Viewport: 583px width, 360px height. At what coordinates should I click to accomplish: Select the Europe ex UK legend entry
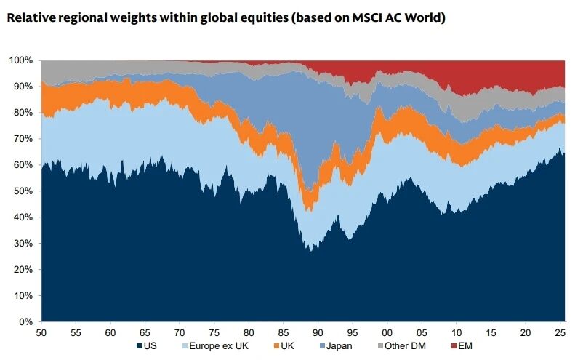pyautogui.click(x=218, y=347)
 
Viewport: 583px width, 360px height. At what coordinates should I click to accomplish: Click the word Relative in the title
pyautogui.click(x=31, y=17)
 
